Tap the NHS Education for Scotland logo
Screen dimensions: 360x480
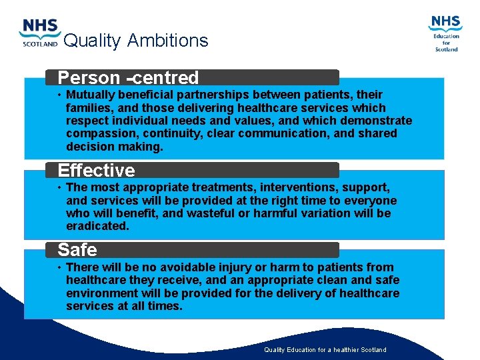click(x=445, y=33)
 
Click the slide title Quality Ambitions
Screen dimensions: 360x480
click(x=136, y=41)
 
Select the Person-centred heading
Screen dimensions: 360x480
click(x=128, y=78)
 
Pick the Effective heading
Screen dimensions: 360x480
click(x=96, y=171)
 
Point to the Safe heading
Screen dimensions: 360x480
click(x=77, y=250)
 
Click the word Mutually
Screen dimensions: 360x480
click(x=91, y=95)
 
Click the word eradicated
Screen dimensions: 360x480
click(x=97, y=226)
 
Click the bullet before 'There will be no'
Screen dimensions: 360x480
click(x=59, y=267)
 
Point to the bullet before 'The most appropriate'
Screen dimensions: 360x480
click(x=59, y=188)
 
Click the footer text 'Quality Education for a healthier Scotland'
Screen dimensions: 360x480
click(x=325, y=350)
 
